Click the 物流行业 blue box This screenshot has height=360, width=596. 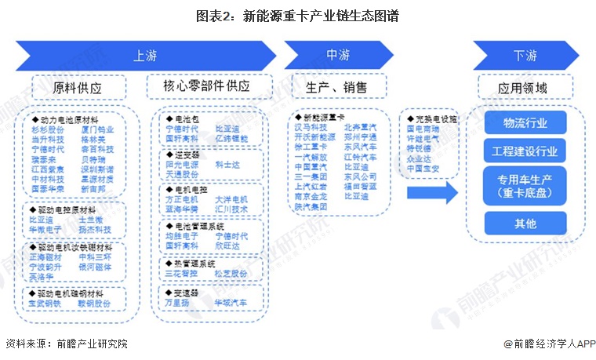coord(525,123)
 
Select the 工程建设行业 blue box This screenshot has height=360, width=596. coord(525,151)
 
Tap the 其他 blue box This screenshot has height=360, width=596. coord(525,224)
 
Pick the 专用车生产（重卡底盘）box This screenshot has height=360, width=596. coord(525,187)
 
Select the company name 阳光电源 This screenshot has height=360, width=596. coord(181,165)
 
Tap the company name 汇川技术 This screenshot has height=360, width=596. coord(231,209)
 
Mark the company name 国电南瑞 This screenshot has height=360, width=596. coord(423,128)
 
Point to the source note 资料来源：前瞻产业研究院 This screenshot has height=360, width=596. coord(66,344)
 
